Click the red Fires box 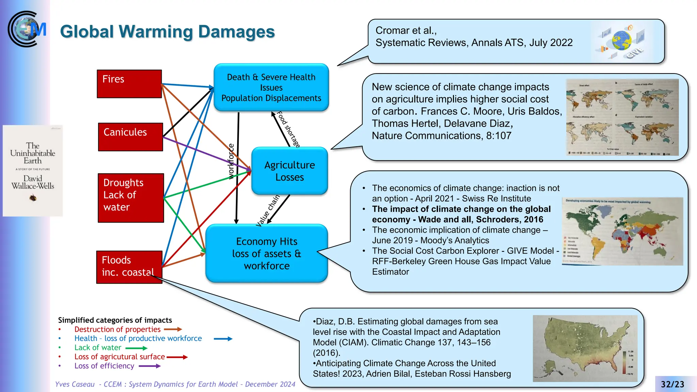click(x=129, y=84)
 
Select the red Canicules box click(x=130, y=137)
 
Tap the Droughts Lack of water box click(x=131, y=198)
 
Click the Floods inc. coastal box click(x=129, y=267)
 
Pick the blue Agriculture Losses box click(x=289, y=171)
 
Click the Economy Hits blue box click(x=266, y=253)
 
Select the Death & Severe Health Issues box click(x=271, y=87)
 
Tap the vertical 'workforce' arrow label click(x=231, y=161)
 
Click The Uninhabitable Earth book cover click(x=33, y=170)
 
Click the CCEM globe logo click(x=27, y=29)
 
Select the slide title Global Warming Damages click(x=167, y=32)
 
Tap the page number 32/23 click(x=672, y=384)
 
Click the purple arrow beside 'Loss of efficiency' click(x=150, y=366)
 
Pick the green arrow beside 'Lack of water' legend click(x=136, y=348)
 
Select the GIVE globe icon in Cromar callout click(x=621, y=41)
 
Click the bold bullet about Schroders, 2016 click(x=461, y=214)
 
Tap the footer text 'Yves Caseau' click(x=75, y=384)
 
